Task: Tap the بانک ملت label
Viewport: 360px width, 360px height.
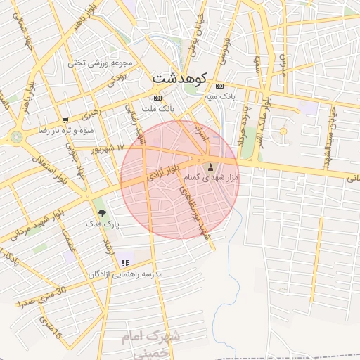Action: coord(158,109)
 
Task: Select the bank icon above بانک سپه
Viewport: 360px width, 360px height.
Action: coord(219,85)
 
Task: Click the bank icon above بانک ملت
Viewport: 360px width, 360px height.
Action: coord(157,98)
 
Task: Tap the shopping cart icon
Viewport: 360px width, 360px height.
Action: coord(65,120)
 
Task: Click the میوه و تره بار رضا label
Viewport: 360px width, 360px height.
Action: coord(65,131)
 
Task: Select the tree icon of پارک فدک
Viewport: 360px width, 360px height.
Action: coord(103,212)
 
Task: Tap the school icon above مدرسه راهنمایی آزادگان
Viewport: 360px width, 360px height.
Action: coord(125,263)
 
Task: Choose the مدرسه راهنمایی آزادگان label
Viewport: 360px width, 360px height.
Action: coord(125,274)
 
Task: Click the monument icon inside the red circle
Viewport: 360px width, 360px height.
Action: coord(211,167)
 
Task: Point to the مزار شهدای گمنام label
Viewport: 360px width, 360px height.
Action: coord(211,178)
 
